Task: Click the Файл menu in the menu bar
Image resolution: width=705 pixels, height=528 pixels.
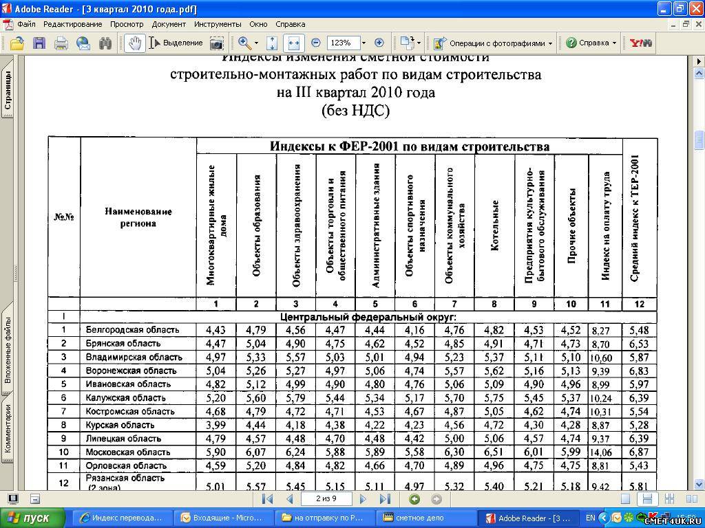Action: (x=26, y=24)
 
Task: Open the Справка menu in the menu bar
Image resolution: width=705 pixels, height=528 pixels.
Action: (x=290, y=24)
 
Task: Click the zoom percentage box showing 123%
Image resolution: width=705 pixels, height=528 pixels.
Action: (x=344, y=43)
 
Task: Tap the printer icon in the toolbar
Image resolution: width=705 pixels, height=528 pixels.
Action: (x=61, y=43)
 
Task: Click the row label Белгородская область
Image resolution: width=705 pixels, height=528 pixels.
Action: (x=132, y=330)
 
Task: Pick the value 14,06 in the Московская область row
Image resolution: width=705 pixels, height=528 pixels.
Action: (x=601, y=452)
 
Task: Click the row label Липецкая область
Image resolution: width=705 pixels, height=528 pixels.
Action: (x=123, y=439)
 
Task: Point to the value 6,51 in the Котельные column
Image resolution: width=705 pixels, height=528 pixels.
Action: (x=494, y=452)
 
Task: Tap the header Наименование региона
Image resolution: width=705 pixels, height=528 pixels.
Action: (x=138, y=217)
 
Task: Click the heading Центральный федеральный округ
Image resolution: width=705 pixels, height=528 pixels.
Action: (x=369, y=317)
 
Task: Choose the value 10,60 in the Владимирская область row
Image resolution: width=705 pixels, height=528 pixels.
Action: (x=601, y=357)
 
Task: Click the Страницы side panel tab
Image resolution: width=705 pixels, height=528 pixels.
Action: (x=8, y=90)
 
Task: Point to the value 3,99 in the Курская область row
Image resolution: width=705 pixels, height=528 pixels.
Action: (x=216, y=425)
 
